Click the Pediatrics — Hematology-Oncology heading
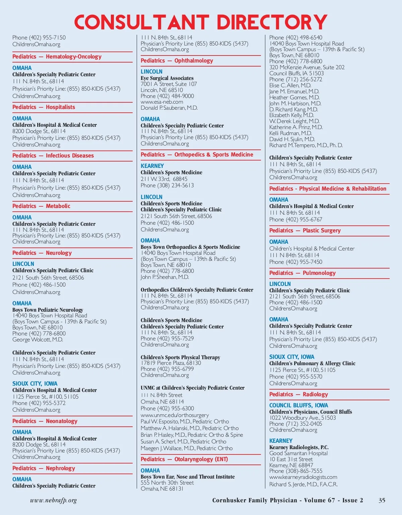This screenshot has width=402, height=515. click(57, 57)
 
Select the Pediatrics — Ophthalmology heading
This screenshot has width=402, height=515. click(177, 61)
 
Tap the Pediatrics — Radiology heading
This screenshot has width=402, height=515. click(298, 394)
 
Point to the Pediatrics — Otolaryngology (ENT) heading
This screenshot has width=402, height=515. click(184, 459)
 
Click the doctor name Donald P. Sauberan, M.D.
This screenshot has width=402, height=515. click(169, 108)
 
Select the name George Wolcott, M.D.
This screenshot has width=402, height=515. click(38, 339)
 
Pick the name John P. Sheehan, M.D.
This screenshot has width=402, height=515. click(165, 277)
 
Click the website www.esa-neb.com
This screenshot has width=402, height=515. click(162, 102)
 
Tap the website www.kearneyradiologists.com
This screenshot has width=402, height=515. click(303, 477)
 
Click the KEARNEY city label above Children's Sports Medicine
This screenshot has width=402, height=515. click(152, 166)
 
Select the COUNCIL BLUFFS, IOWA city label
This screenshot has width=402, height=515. click(298, 405)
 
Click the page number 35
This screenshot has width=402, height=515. click(382, 500)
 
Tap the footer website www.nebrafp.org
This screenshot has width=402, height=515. click(53, 500)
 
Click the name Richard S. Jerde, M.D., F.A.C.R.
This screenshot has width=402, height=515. click(303, 484)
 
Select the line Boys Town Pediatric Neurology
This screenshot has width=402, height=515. click(48, 310)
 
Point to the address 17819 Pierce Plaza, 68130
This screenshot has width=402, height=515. click(171, 363)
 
